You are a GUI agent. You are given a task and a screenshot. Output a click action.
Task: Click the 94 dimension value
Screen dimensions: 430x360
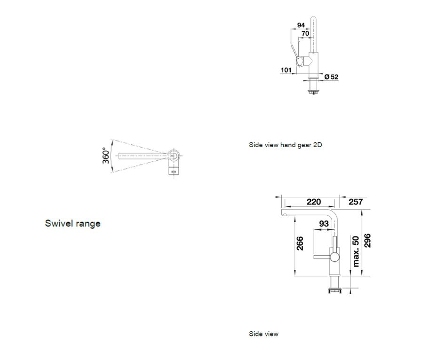click(x=301, y=25)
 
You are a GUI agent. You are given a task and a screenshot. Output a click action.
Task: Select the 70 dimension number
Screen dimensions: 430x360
click(x=305, y=33)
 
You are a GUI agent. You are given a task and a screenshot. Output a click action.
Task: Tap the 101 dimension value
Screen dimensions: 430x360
click(x=286, y=70)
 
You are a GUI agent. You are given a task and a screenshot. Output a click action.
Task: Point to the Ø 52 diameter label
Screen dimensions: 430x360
click(x=331, y=77)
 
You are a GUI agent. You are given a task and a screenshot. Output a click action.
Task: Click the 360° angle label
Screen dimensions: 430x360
click(x=105, y=156)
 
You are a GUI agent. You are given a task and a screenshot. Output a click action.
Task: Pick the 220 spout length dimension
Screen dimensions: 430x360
click(x=314, y=202)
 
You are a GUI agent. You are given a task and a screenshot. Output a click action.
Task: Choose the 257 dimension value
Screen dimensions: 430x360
click(x=356, y=202)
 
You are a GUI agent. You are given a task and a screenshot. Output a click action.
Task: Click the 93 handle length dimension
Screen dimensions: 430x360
click(x=324, y=224)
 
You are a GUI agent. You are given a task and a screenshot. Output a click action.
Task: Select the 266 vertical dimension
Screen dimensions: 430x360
click(x=300, y=243)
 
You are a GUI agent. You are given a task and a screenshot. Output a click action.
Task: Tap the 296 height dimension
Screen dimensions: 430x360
click(x=367, y=241)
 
